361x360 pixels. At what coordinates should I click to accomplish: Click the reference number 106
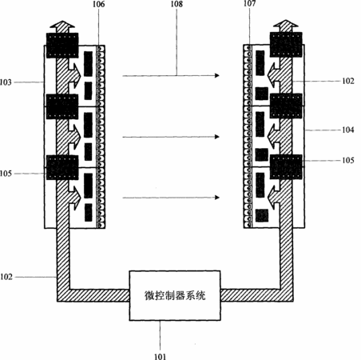(x=98, y=4)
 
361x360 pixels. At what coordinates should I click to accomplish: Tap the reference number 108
(x=177, y=4)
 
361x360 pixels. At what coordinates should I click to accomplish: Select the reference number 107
(x=249, y=3)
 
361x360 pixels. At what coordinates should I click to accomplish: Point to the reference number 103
(x=6, y=82)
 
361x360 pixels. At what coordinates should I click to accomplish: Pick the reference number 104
(x=348, y=130)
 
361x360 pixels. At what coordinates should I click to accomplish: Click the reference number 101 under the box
(x=160, y=356)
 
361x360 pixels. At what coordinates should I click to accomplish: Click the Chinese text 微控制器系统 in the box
(x=175, y=295)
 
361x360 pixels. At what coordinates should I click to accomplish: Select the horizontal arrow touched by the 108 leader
(x=171, y=76)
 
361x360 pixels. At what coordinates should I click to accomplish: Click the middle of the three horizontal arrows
(x=171, y=137)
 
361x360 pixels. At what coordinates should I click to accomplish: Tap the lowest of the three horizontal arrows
(x=171, y=198)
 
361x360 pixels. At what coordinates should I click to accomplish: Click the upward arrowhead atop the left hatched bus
(x=62, y=26)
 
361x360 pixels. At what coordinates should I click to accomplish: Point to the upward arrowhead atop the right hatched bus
(x=286, y=26)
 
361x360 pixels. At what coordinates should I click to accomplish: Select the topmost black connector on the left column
(x=62, y=46)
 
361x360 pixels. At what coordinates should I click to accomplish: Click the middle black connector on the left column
(x=62, y=106)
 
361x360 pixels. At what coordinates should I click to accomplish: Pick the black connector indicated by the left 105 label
(x=62, y=167)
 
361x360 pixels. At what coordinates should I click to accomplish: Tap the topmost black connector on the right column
(x=286, y=45)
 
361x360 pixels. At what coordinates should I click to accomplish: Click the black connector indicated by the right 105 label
(x=286, y=166)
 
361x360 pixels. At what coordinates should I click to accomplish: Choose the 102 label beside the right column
(x=348, y=81)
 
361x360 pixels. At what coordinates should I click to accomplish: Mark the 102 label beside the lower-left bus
(x=6, y=277)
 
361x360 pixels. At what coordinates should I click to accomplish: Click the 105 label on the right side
(x=348, y=160)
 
